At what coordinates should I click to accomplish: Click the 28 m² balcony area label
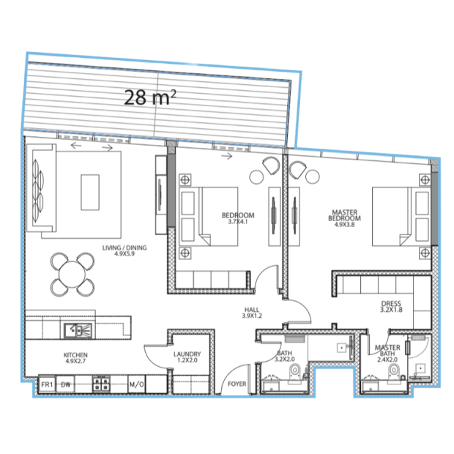150,97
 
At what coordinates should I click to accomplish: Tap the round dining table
72,274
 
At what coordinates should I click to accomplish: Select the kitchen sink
78,330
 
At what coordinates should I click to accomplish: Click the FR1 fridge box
47,384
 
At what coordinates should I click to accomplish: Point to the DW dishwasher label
66,384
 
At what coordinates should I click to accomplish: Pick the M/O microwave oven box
136,384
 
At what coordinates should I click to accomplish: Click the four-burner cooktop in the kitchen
101,384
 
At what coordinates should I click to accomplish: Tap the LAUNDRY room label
187,357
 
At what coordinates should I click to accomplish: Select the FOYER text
237,384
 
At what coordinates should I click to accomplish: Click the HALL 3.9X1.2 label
252,313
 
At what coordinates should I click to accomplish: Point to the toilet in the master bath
393,372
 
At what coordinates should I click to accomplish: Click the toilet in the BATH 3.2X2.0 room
295,372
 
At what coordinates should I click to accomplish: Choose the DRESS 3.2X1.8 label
391,307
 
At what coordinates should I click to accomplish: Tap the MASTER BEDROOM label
345,218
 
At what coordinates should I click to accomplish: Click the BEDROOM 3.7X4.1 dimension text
238,222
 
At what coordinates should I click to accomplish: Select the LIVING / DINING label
124,250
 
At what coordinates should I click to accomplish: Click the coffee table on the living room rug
90,193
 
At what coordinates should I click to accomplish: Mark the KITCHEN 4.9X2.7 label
75,358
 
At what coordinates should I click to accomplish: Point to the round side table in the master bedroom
313,176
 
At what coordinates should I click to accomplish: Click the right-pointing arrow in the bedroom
227,157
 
